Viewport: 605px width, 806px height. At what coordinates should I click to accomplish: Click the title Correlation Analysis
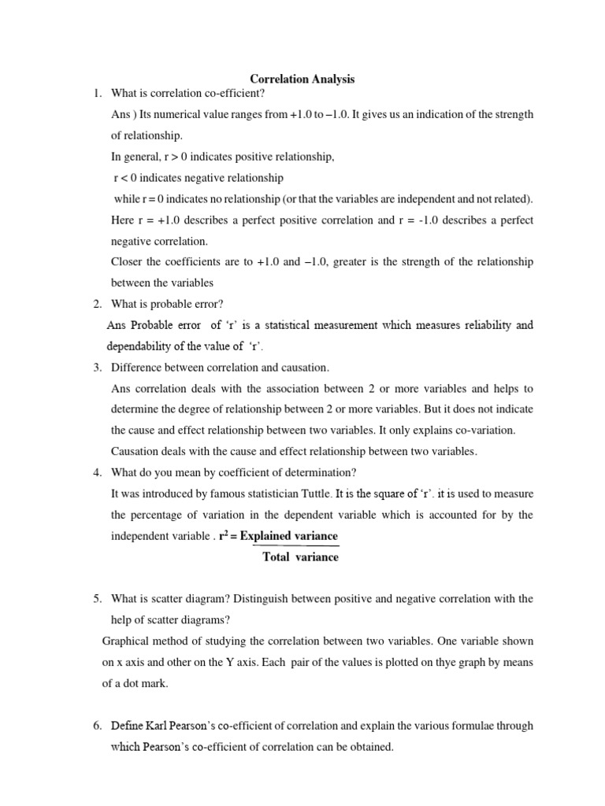click(302, 79)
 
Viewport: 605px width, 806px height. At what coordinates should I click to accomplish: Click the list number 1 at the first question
click(96, 94)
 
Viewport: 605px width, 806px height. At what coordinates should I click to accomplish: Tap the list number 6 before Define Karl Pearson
click(96, 726)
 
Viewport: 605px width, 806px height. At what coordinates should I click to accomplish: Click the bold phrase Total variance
click(300, 556)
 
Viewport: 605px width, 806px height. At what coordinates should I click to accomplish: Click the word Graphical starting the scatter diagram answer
click(126, 641)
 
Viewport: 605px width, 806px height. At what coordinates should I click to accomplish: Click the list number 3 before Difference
click(96, 367)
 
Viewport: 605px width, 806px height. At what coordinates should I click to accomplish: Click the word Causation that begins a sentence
click(136, 451)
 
